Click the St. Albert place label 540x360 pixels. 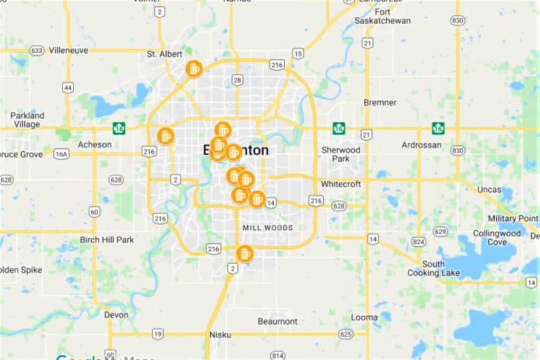165,54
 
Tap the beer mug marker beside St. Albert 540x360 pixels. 194,69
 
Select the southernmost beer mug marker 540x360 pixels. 244,254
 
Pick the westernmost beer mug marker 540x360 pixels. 166,135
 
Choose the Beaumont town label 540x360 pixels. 277,321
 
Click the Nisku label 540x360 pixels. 220,334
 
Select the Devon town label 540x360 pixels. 116,315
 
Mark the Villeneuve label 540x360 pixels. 69,51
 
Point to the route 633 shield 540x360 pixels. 36,51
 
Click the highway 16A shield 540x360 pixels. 62,154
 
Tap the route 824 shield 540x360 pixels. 419,242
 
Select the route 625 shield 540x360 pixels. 345,334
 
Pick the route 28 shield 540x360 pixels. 237,80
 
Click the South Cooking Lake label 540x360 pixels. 433,268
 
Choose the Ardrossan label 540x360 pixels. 421,144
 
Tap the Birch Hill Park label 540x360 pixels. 107,240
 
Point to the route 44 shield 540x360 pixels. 67,87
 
